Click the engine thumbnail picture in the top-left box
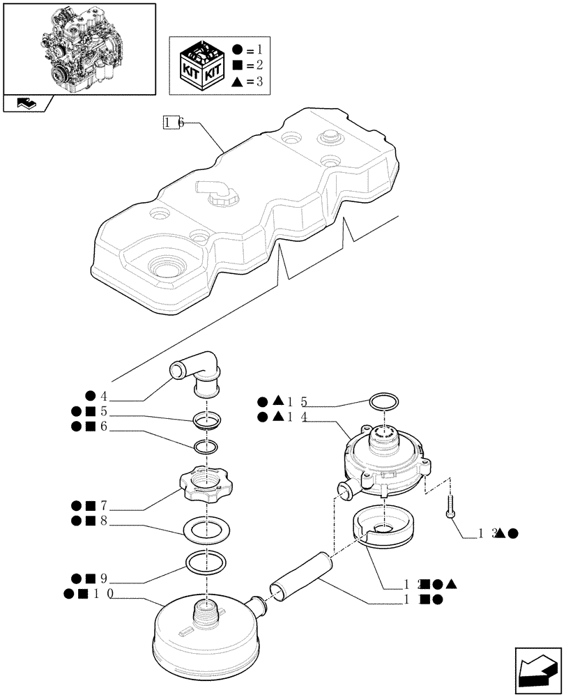pyautogui.click(x=78, y=47)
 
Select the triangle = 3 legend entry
pyautogui.click(x=248, y=82)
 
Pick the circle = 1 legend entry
pyautogui.click(x=248, y=50)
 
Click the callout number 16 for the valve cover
pyautogui.click(x=174, y=123)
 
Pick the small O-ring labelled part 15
pyautogui.click(x=383, y=402)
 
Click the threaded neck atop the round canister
pyautogui.click(x=206, y=611)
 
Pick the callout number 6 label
pyautogui.click(x=104, y=427)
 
